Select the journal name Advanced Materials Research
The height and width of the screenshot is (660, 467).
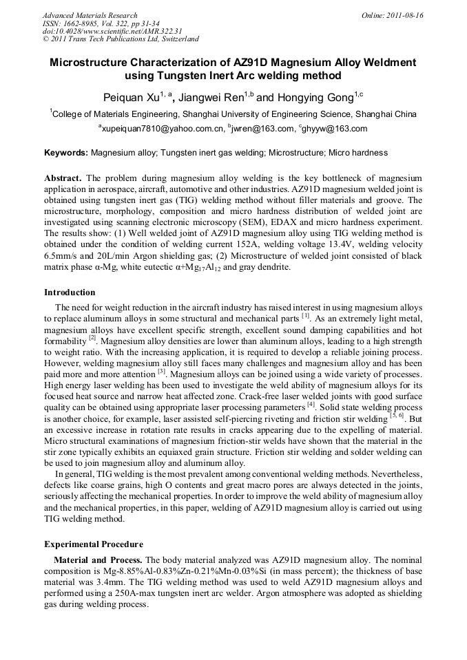tap(90, 15)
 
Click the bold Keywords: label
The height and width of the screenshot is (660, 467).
tap(66, 152)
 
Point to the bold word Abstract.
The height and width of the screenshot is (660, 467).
tap(63, 177)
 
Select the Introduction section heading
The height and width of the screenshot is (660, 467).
tap(70, 292)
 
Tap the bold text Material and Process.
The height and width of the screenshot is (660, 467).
tap(98, 560)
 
